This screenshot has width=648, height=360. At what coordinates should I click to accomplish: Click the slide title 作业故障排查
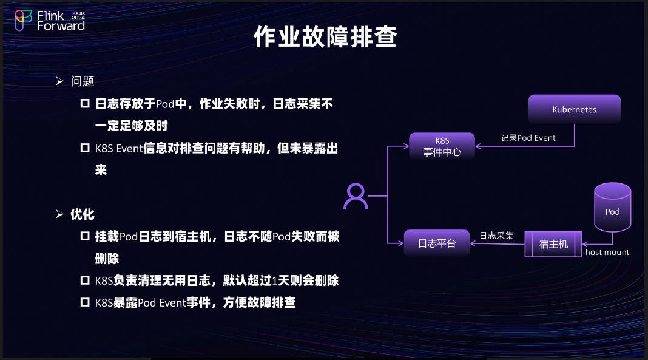pos(325,37)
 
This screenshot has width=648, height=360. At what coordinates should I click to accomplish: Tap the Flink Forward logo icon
pos(23,20)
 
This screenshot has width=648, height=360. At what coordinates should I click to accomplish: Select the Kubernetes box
pos(574,110)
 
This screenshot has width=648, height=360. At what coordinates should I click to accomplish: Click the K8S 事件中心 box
pos(442,147)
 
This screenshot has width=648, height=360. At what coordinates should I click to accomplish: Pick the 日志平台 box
pos(437,243)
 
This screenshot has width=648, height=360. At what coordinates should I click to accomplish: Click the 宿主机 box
pos(553,243)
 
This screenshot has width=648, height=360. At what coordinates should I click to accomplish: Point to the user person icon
pos(356,197)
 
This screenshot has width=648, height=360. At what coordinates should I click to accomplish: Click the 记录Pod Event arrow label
pos(528,138)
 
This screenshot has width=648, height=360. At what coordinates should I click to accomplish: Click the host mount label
pos(607,252)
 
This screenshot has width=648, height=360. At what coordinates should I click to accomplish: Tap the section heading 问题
pos(83,81)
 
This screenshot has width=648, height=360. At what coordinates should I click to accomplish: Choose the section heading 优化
pos(83,214)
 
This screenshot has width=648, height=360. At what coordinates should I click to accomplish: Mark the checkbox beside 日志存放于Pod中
pos(85,104)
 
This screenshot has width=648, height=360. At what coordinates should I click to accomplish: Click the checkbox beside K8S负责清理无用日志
pos(85,280)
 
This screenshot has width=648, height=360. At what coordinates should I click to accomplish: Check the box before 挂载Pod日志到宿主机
pos(85,236)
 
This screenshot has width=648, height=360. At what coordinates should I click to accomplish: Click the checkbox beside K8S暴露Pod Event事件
pos(85,302)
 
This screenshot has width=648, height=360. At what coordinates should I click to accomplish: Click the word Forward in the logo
pos(61,26)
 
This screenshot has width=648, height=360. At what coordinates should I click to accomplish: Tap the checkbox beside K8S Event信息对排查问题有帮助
pos(85,148)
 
